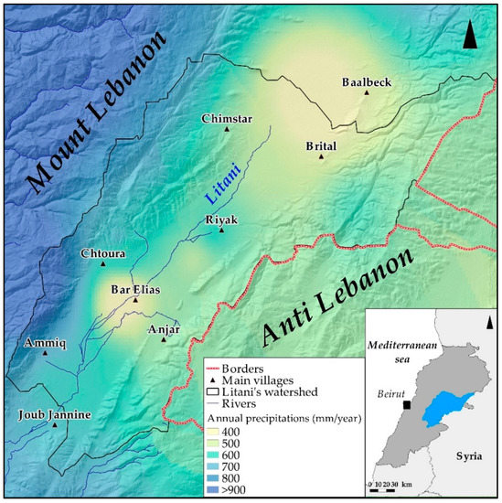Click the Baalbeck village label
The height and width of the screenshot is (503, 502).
(366, 82)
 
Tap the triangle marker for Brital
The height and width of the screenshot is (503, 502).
(321, 156)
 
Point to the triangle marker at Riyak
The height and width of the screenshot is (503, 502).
(221, 230)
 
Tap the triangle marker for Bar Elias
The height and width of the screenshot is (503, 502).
(135, 300)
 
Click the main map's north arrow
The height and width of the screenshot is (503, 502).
(469, 37)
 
